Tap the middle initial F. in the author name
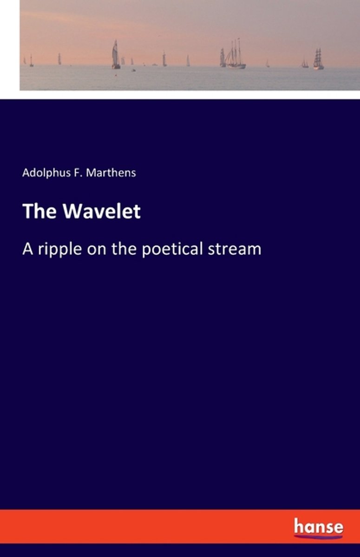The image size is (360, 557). (77, 173)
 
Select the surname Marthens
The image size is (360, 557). (111, 173)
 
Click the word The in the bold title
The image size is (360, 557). (39, 211)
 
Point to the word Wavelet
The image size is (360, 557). (102, 211)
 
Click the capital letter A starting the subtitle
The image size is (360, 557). (27, 249)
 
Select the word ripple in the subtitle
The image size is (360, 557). (60, 250)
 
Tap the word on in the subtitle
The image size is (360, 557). (97, 250)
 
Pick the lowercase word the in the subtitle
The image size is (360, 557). (124, 249)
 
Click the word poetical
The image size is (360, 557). (172, 250)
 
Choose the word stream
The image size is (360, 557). (235, 249)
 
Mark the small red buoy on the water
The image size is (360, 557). (116, 74)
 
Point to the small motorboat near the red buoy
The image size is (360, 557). (134, 71)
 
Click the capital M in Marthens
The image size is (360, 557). (90, 173)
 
